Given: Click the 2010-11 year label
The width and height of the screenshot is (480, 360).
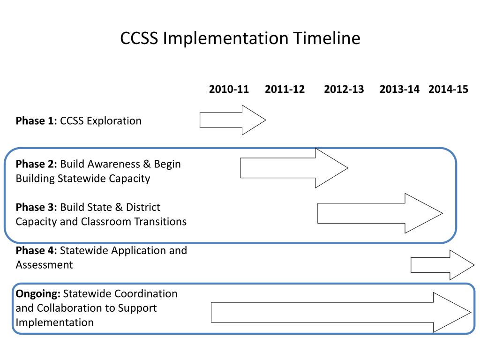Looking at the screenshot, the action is coord(229,89).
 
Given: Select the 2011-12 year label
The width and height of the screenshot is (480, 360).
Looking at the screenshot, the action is coord(285,89).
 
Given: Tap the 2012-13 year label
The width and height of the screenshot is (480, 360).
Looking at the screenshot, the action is coord(344,89).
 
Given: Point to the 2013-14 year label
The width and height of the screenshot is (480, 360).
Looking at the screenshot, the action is coord(399,89).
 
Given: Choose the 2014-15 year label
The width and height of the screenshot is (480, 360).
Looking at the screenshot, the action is coord(448,89).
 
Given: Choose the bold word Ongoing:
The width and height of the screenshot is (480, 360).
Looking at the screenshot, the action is coord(38,294).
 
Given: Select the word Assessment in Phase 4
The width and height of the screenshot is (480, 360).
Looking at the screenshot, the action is coord(44,265).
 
